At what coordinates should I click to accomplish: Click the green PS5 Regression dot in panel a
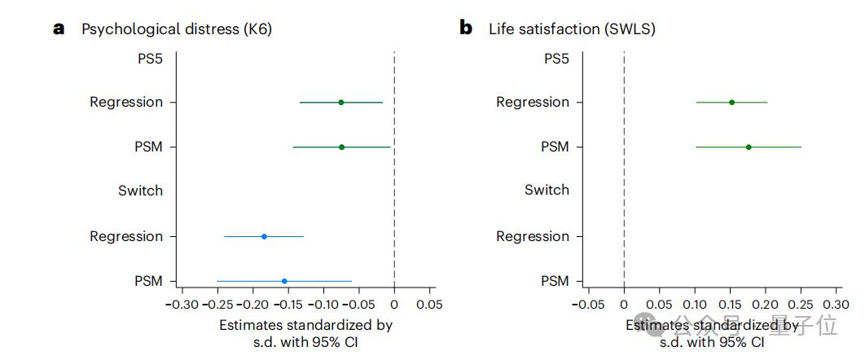point(340,103)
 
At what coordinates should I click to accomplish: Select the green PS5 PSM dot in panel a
point(341,147)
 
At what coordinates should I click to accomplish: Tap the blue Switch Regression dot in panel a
point(264,236)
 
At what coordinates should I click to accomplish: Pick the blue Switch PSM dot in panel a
point(284,281)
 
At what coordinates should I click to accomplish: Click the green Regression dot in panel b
point(731,103)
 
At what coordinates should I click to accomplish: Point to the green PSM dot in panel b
point(749,147)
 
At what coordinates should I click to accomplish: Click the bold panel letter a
point(59,29)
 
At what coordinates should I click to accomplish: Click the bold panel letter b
point(466,29)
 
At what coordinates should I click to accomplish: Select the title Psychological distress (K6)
point(177,29)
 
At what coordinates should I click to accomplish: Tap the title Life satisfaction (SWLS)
point(572,29)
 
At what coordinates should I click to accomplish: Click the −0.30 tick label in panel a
point(182,305)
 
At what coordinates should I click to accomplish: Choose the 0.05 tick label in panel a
point(429,305)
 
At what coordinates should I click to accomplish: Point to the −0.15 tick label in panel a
point(288,305)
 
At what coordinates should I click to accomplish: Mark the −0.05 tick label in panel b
point(588,305)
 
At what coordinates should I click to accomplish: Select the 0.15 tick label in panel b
point(730,305)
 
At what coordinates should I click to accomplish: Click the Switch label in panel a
point(140,191)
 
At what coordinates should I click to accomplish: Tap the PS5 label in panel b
point(556,58)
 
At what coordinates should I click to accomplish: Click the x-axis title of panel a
point(305,333)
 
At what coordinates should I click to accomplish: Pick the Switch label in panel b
point(547,191)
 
